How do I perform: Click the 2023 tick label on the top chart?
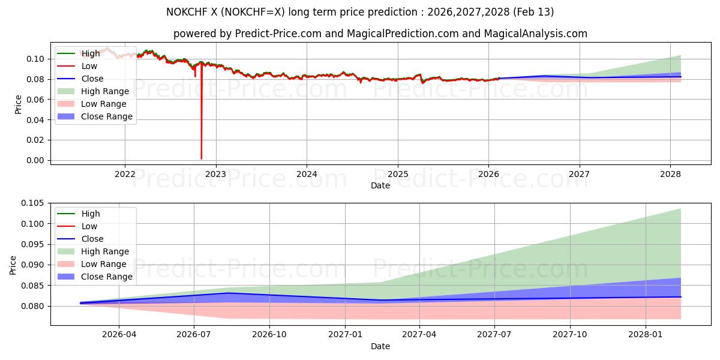(x=215, y=174)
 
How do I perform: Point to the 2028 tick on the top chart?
(x=670, y=174)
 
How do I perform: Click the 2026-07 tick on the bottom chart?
(x=194, y=334)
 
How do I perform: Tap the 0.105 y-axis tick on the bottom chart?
(x=32, y=203)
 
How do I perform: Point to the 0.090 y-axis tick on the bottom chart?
(x=32, y=265)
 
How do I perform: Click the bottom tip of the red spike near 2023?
(x=201, y=158)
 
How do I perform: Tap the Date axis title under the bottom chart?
(x=380, y=346)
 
